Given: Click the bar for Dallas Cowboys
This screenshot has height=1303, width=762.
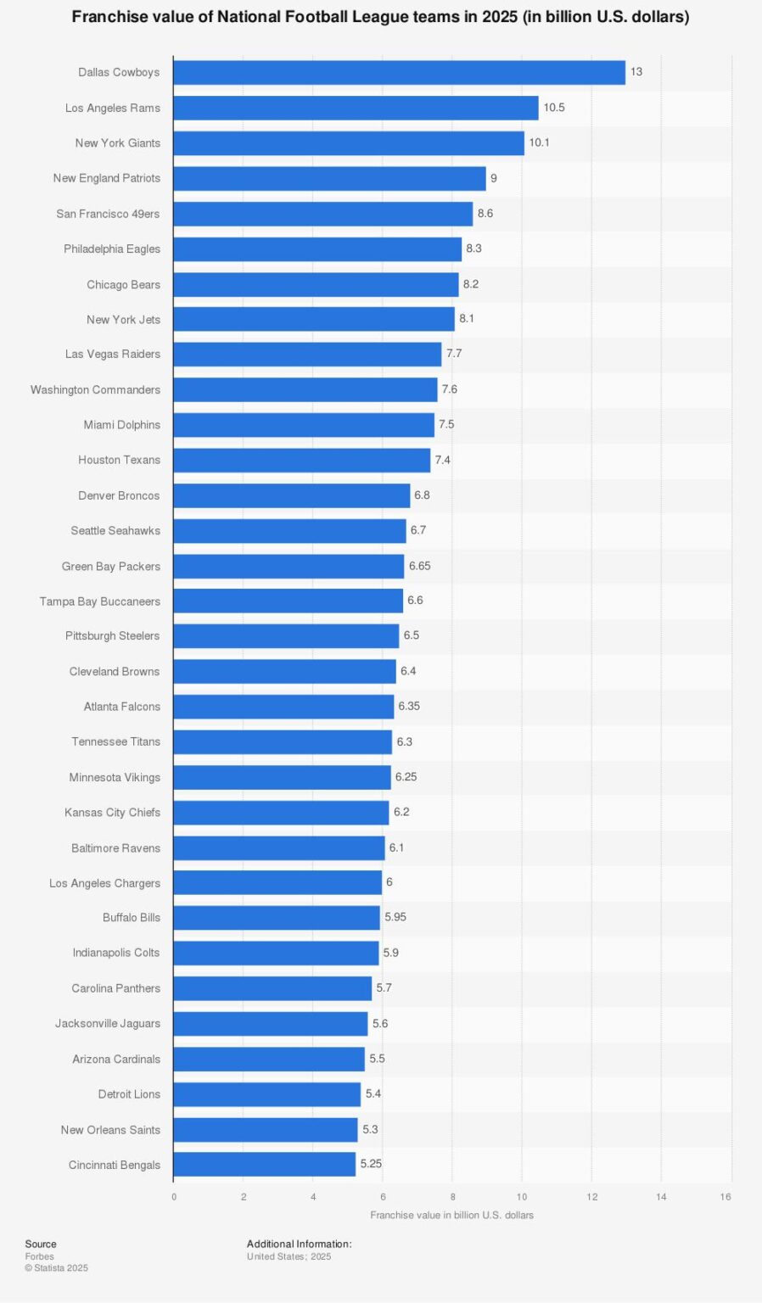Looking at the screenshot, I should pos(399,72).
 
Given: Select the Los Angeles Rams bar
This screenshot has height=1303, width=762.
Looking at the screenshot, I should pos(356,108).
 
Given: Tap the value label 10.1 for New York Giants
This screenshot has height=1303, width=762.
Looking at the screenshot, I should pos(539,143).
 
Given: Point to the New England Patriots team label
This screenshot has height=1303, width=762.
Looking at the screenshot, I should pos(106,178).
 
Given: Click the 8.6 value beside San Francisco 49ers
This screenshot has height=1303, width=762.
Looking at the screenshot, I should pos(485,214).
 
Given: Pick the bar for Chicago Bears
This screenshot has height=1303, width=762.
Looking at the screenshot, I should pos(316,284).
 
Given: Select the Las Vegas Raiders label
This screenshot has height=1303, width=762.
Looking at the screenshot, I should pos(112,354).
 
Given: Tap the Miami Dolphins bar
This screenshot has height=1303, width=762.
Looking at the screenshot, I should pos(304,424).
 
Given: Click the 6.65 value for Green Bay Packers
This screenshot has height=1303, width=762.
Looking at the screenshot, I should pos(419,566).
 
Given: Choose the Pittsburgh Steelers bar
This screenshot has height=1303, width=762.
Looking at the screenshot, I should pos(286,635).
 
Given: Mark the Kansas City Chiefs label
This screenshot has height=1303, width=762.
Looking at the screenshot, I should pos(112,812).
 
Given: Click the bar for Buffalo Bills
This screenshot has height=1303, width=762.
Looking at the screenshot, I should pos(277,917).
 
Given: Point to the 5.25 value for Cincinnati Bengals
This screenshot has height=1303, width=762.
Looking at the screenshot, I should pos(371,1164).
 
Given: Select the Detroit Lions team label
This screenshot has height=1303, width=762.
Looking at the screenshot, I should pos(129,1094).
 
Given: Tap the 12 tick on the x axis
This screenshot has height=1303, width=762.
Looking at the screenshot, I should pos(591,1197).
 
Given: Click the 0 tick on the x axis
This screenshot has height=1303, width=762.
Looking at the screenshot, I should pos(174,1197).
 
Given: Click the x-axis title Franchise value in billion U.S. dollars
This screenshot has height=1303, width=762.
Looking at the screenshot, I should pos(451,1215).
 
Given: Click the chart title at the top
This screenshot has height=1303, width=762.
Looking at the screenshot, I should pos(380,17).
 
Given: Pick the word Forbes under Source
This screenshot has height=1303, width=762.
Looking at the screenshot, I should pos(39,1256).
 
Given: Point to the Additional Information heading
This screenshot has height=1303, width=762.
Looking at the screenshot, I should pos(299,1244).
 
